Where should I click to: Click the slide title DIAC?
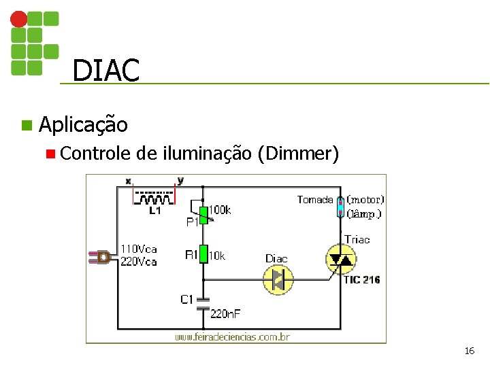105,70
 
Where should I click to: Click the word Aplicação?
83,124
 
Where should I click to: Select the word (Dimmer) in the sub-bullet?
298,154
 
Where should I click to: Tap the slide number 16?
469,351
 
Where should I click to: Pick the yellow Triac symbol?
342,260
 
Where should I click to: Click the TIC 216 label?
361,279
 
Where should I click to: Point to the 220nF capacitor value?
225,313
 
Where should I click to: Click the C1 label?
188,299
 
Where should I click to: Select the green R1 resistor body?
203,256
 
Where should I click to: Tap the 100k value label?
219,210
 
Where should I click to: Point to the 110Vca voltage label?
138,248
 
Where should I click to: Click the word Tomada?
315,200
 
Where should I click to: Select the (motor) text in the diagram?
365,200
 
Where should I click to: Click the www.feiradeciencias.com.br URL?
232,336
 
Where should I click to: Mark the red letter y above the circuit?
180,181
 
